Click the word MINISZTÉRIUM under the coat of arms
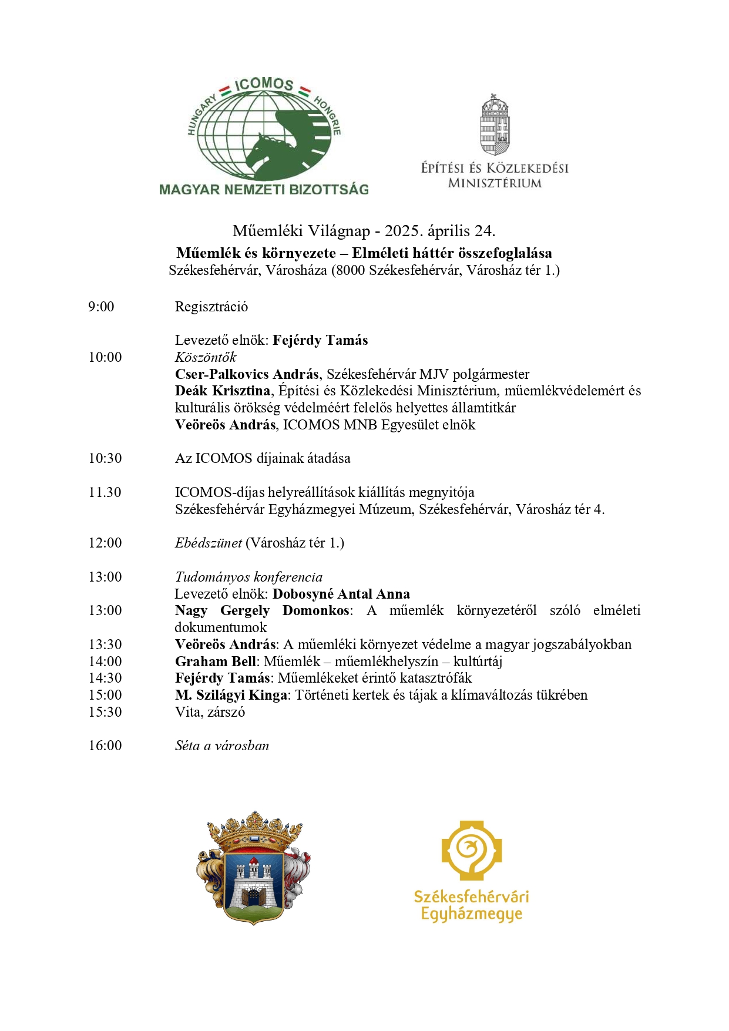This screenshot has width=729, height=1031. (495, 183)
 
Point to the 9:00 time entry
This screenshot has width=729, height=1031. (101, 307)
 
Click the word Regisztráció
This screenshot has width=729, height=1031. (211, 307)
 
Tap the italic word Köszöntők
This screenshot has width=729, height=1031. (206, 357)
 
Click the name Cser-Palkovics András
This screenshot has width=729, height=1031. (247, 374)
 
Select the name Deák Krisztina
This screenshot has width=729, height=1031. (223, 391)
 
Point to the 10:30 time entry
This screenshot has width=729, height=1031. (105, 458)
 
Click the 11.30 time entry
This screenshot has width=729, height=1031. (105, 492)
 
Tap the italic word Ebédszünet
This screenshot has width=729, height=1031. (209, 543)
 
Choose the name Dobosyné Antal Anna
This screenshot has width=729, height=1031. (341, 594)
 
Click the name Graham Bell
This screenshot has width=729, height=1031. (216, 661)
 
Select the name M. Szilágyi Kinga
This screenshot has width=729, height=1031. (231, 695)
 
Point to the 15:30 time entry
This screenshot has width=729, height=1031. (105, 712)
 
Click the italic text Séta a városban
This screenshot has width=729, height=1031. (222, 746)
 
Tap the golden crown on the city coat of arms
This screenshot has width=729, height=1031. (254, 831)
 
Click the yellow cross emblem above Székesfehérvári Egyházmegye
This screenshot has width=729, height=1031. (472, 850)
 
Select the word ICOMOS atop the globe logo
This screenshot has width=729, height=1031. (264, 84)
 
